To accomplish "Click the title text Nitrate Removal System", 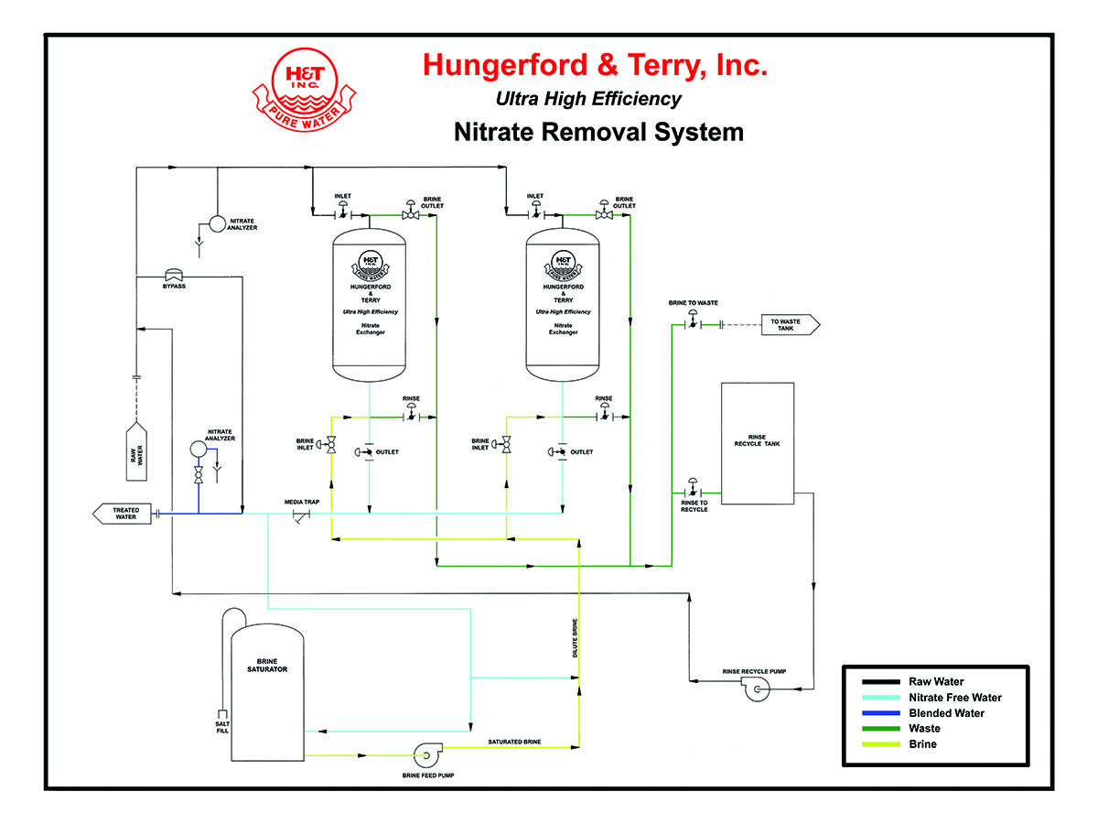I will point(598,132).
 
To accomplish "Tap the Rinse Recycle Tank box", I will point(758,443).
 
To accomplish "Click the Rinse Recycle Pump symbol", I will point(758,688).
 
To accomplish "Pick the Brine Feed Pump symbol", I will point(426,755).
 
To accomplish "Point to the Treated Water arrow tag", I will point(124,514).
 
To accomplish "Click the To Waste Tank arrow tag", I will point(790,324).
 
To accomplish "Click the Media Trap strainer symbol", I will point(300,515).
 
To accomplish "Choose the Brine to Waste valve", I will point(693,323).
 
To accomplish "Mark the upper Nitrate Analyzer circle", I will point(218,223).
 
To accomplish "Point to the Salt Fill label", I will point(221,725).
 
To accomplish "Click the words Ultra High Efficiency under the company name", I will point(588,99).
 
